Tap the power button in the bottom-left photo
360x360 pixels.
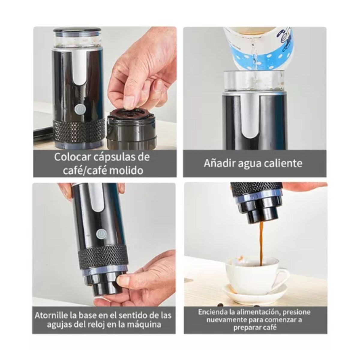click(x=101, y=233)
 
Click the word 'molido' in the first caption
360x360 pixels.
click(x=126, y=170)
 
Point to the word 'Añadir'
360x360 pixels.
click(x=219, y=163)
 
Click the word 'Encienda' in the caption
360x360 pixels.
click(x=213, y=312)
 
